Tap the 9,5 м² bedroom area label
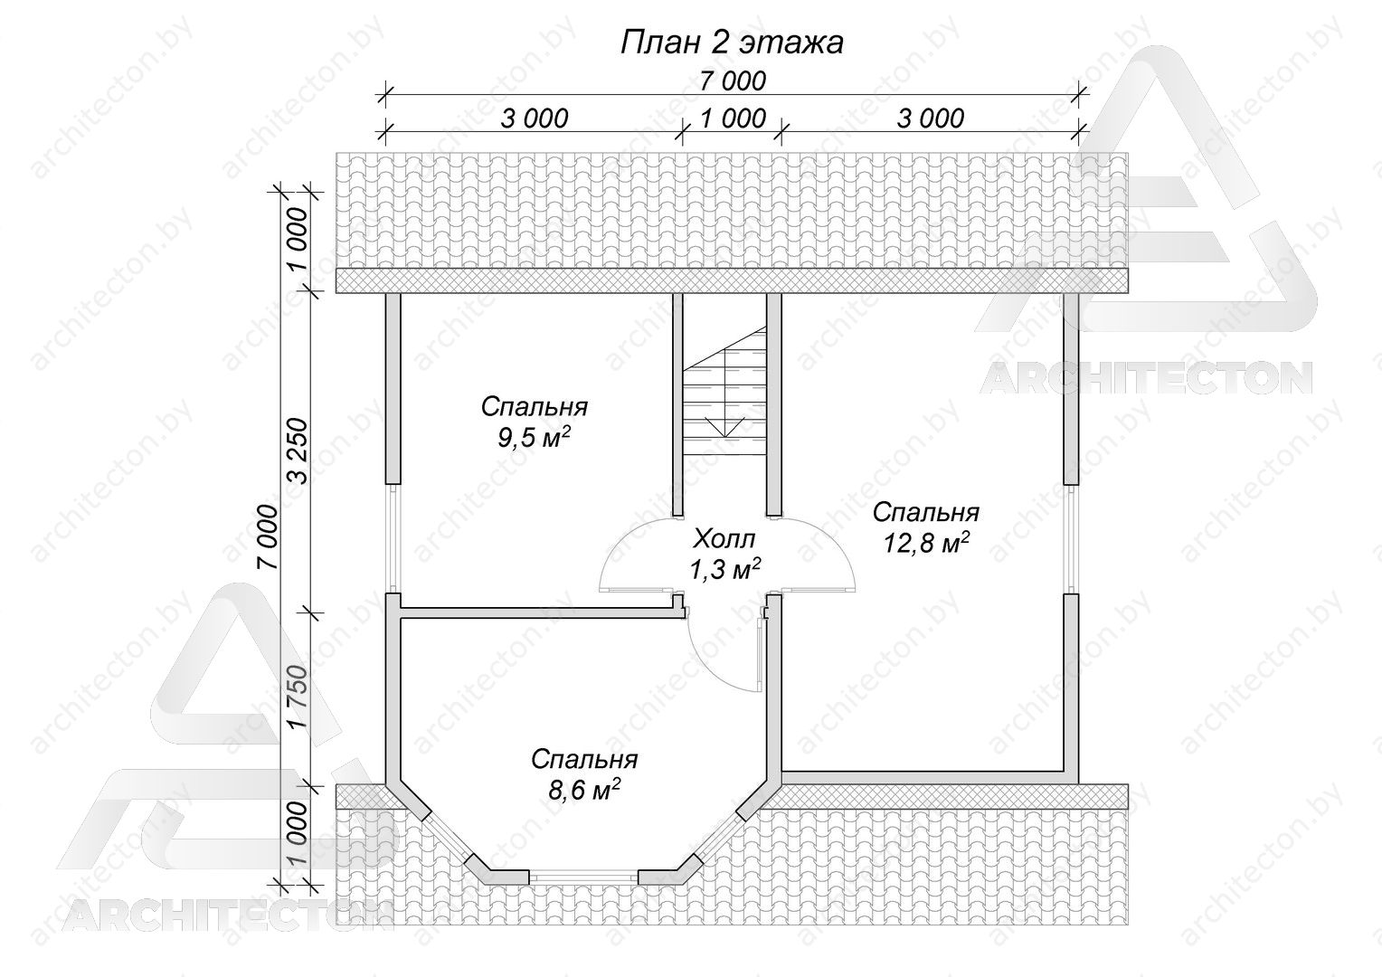[x=534, y=438]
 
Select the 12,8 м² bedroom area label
[x=925, y=543]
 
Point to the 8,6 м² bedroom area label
[x=583, y=790]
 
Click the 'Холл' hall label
[x=724, y=539]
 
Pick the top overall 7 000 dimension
[x=733, y=81]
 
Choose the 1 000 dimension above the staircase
[x=733, y=119]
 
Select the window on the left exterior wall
[x=393, y=538]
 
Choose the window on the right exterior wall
[x=1071, y=538]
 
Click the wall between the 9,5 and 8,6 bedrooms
[x=536, y=612]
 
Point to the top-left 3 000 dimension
[x=535, y=119]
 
